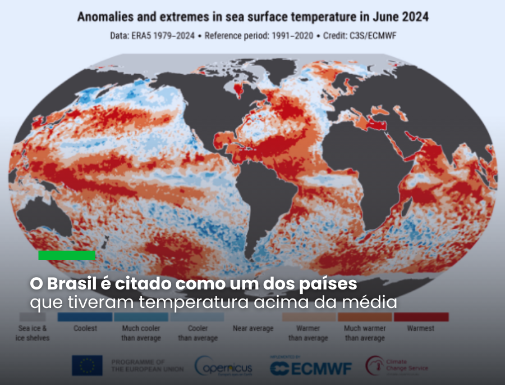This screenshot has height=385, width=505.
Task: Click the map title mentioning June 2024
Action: click(252, 17)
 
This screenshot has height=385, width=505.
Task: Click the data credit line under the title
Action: click(252, 36)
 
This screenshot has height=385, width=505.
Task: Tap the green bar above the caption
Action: click(67, 255)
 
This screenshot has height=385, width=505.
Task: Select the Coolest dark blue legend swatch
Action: click(85, 317)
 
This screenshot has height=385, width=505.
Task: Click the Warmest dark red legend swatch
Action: click(421, 317)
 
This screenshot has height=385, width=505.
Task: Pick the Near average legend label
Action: click(253, 328)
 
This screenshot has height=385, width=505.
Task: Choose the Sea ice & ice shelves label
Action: click(33, 333)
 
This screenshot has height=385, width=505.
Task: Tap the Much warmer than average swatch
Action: click(365, 317)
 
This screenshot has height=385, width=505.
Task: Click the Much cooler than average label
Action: click(141, 333)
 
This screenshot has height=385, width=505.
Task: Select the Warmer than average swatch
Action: click(309, 317)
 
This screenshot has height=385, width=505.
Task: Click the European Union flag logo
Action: click(87, 366)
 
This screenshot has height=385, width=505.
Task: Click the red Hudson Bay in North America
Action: click(240, 89)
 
